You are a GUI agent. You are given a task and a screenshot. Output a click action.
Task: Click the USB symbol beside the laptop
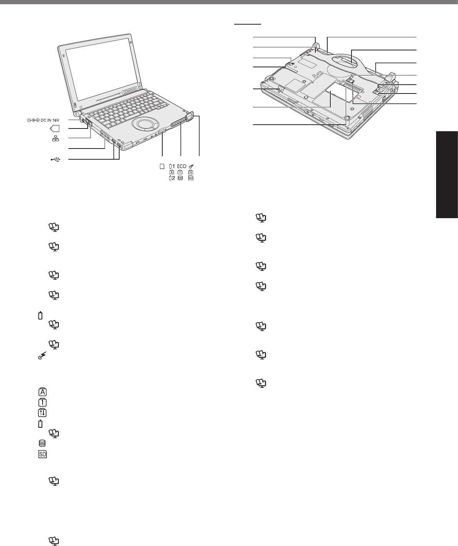(x=56, y=159)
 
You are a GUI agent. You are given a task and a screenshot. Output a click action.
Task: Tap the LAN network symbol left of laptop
(x=55, y=138)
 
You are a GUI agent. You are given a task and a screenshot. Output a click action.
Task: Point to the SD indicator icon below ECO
(x=191, y=178)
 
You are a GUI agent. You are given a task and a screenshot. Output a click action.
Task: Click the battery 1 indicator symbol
(x=172, y=166)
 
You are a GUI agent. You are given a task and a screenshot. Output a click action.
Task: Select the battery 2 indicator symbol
(x=172, y=178)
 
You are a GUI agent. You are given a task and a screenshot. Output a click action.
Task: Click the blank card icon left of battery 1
(x=162, y=166)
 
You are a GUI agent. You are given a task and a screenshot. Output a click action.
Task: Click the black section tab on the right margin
(x=447, y=175)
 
